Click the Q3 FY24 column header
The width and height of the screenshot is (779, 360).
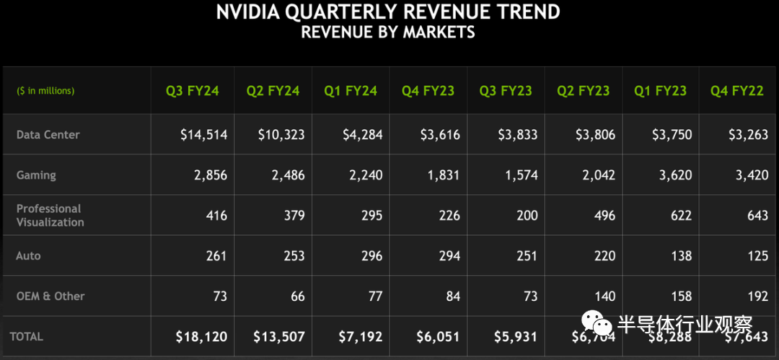(x=192, y=91)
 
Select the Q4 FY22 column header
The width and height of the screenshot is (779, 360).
(x=736, y=91)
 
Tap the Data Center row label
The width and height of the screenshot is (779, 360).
(x=48, y=135)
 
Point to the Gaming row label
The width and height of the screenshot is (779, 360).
(x=36, y=175)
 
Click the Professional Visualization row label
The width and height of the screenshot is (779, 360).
(x=50, y=215)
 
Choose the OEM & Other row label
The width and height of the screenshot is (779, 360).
(x=50, y=296)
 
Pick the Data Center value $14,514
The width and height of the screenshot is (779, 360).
(x=203, y=135)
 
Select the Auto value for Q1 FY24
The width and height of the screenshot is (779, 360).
(x=368, y=255)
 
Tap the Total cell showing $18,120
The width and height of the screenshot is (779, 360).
(x=201, y=336)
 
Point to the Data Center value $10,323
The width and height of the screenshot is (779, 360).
(x=281, y=135)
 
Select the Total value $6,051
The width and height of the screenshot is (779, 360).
(x=439, y=336)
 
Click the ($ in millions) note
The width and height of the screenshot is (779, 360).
(x=45, y=91)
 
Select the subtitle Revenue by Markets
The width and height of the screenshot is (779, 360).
(x=388, y=32)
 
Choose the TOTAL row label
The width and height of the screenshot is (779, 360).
(x=27, y=336)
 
